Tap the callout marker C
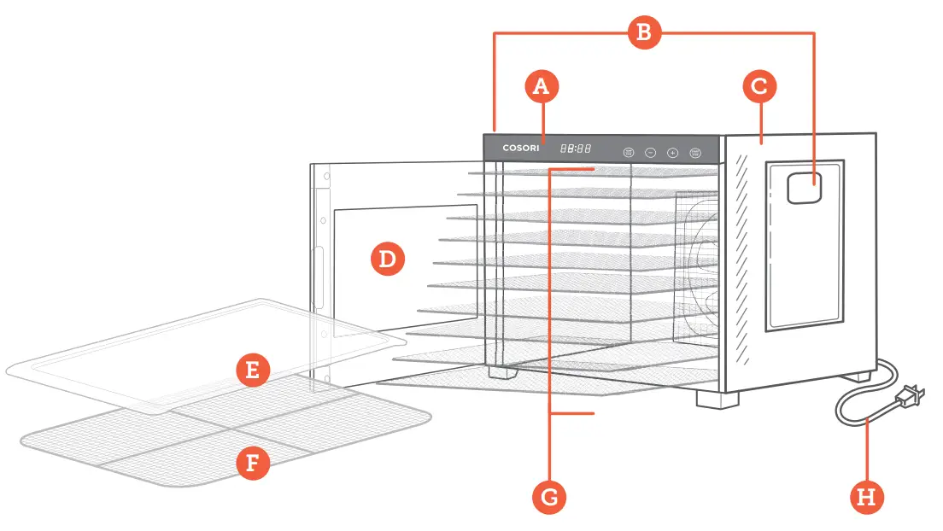click(x=759, y=86)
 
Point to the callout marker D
click(x=387, y=259)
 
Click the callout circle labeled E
click(x=253, y=371)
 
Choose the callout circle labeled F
click(x=253, y=464)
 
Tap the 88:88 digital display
click(x=576, y=149)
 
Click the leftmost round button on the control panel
click(x=629, y=152)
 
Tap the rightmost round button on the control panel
click(x=695, y=152)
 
